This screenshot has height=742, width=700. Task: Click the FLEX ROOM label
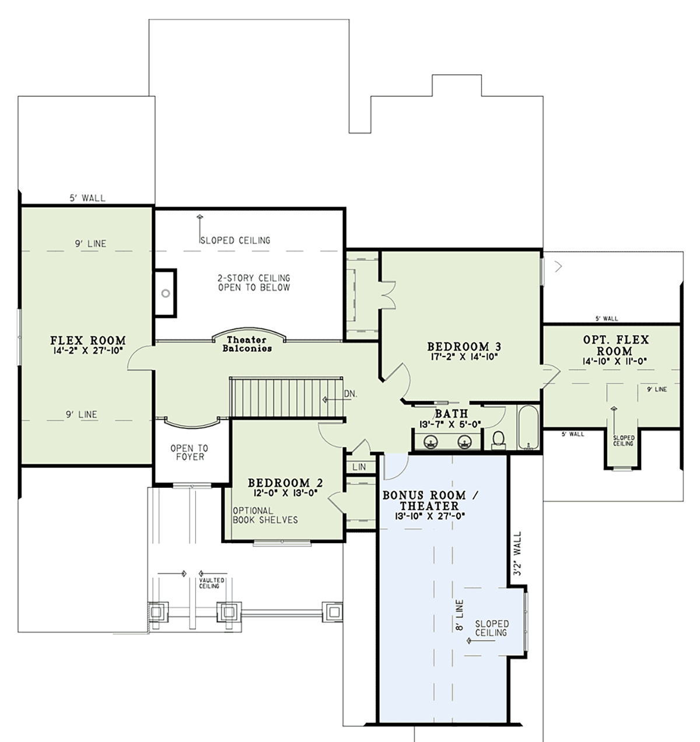tap(88, 340)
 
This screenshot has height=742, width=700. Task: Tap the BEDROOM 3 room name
tap(464, 346)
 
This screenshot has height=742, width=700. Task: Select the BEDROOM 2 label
tap(285, 483)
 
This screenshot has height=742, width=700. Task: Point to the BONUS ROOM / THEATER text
tap(430, 501)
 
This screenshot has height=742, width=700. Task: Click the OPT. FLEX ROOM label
tap(616, 345)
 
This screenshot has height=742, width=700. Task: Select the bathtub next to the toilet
tap(528, 428)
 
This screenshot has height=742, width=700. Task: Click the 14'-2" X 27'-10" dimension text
tap(88, 351)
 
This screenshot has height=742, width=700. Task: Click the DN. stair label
tap(351, 394)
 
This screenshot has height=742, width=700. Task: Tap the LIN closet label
tap(359, 467)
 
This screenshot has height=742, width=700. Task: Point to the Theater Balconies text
tap(247, 344)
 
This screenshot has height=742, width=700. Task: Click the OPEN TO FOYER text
tap(190, 453)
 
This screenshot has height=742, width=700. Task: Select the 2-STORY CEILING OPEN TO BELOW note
tap(254, 283)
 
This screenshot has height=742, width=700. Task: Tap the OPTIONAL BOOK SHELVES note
tap(265, 515)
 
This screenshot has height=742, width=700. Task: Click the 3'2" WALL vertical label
tap(517, 554)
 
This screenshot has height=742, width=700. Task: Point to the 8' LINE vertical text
tap(460, 615)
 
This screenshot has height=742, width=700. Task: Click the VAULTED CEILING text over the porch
tap(212, 583)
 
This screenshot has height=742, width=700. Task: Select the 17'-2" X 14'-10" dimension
tap(464, 356)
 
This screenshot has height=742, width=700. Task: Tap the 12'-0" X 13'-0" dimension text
tap(285, 493)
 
